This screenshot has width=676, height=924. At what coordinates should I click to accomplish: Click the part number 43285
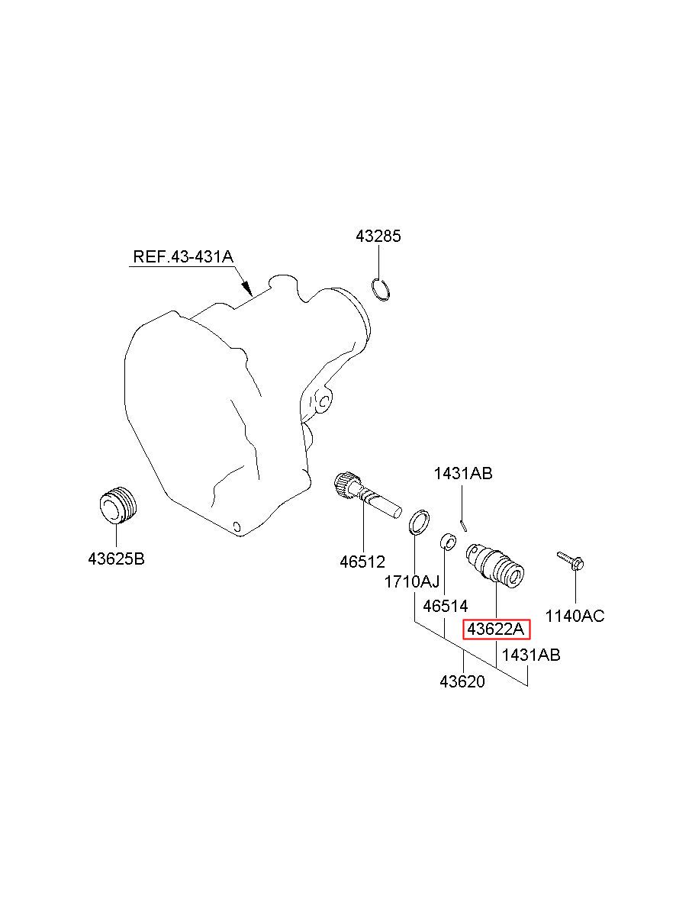378,237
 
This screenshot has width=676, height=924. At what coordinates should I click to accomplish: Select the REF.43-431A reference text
182,256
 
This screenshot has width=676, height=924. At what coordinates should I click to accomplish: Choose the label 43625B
116,559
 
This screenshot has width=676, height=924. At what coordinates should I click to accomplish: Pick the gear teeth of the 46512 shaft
347,484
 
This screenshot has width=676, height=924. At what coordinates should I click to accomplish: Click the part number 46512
362,562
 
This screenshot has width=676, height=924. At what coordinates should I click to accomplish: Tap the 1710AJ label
411,582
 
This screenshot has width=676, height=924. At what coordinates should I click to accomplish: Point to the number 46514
445,607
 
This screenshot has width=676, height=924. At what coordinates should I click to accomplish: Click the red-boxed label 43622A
496,629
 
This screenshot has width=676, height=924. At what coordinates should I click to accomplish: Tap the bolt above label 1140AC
571,561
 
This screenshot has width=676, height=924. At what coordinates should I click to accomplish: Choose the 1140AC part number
575,615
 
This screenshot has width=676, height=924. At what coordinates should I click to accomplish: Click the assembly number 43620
462,681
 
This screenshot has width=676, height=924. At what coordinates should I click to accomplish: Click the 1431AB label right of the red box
531,655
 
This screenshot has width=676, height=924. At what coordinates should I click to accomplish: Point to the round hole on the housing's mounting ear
324,400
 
